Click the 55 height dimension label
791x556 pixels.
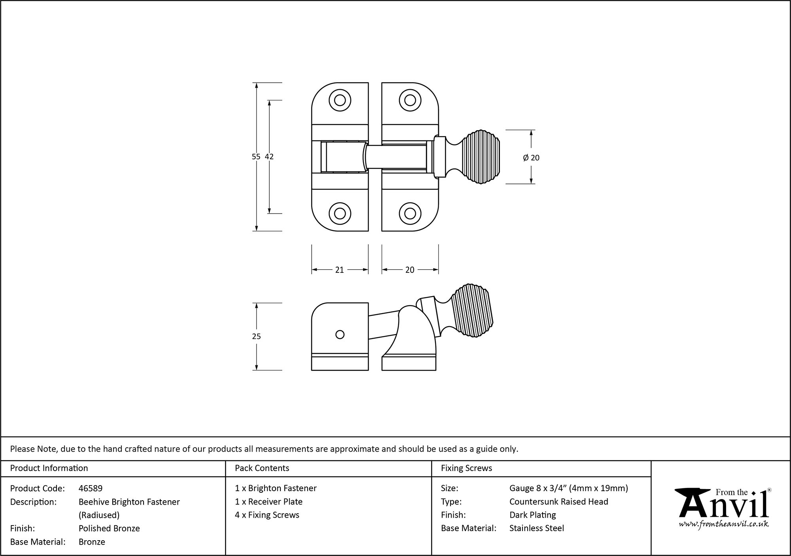(256, 157)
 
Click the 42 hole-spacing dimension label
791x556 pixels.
(269, 157)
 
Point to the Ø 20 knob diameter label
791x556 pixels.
(531, 158)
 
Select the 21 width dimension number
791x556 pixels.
(339, 270)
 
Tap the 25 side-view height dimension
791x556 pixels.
(256, 337)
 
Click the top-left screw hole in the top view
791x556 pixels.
(340, 100)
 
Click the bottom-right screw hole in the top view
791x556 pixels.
(410, 214)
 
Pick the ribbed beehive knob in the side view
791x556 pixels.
(472, 310)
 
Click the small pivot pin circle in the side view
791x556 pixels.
(340, 335)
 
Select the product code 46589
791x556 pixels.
(91, 488)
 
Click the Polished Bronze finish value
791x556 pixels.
(109, 528)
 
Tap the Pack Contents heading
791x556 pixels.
(262, 468)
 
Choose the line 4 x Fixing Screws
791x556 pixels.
(267, 515)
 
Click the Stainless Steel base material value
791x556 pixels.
(537, 528)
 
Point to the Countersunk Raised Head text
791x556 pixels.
(558, 501)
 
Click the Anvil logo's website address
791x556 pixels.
(724, 524)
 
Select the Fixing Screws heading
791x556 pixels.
(466, 468)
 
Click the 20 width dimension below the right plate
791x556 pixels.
(410, 270)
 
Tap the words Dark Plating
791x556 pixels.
(532, 515)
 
